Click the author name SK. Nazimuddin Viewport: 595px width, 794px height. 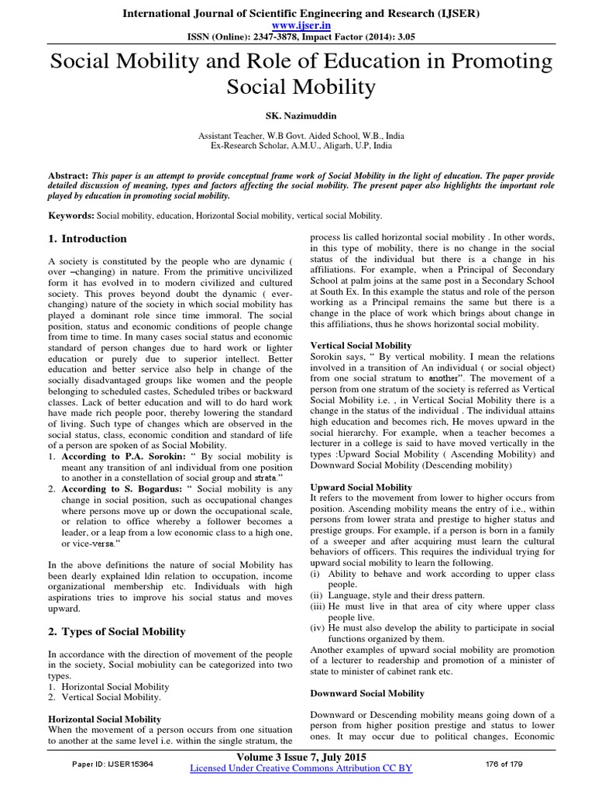pos(297,114)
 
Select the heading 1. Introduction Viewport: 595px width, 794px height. pos(88,238)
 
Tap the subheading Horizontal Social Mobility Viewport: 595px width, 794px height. pos(105,720)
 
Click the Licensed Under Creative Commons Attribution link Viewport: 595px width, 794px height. pos(301,768)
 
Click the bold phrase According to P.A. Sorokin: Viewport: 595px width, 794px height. pos(118,457)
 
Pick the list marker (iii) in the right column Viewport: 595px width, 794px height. pos(318,605)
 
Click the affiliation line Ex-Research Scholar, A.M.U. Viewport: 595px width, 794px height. pos(297,146)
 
